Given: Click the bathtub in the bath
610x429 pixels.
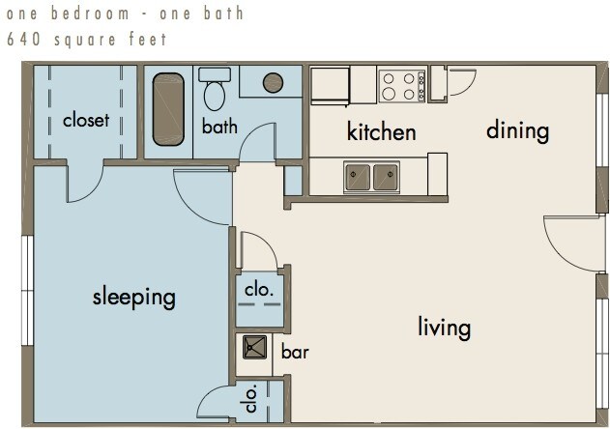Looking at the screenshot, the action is [x=168, y=109].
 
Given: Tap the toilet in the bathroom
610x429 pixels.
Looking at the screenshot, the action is [x=215, y=89].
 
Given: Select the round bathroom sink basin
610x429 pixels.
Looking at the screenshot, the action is [x=273, y=82].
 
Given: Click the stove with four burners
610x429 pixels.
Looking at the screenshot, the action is [x=402, y=86].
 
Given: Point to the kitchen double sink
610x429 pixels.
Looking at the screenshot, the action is [x=371, y=178].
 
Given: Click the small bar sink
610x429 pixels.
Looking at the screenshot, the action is [x=255, y=347].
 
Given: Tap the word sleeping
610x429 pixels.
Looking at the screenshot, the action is [x=133, y=298].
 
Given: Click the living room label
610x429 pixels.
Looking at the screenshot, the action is [x=445, y=328].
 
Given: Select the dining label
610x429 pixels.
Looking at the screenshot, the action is [x=517, y=130].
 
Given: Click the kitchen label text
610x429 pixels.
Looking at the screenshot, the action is [x=381, y=131].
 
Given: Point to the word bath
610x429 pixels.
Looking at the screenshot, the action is [x=219, y=127].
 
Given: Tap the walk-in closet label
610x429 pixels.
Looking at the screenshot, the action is [x=86, y=120].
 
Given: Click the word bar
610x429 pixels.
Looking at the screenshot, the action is [x=295, y=352].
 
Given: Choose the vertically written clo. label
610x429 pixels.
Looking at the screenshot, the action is [x=251, y=398].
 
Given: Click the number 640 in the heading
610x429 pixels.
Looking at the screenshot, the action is [x=23, y=40].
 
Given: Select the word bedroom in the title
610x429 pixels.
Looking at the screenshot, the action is [x=90, y=14].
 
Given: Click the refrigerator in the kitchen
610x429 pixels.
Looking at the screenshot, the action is [x=331, y=86].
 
